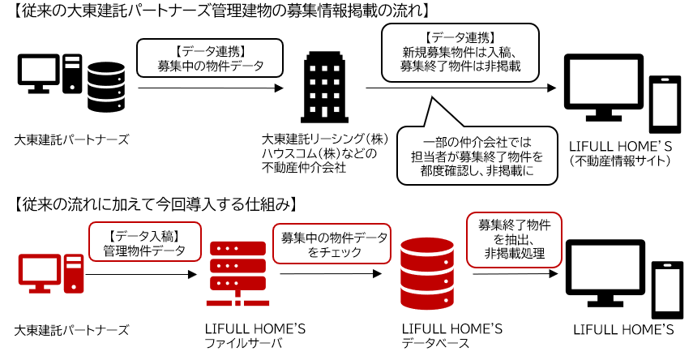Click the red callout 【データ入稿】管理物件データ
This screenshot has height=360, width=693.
[x=143, y=243]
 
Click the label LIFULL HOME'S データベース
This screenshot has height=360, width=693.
[x=451, y=336]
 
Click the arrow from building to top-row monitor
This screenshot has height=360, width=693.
[x=462, y=88]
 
